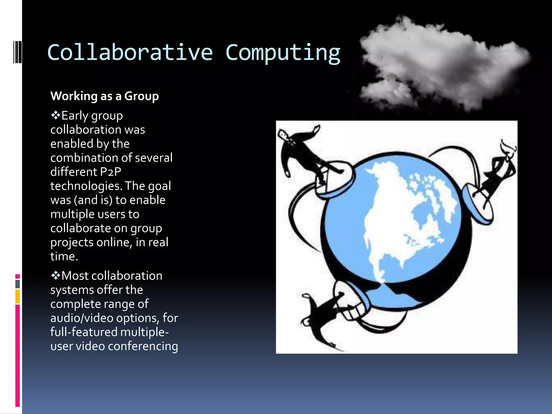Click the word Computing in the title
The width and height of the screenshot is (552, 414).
tap(283, 53)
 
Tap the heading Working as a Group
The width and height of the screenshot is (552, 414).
tap(105, 96)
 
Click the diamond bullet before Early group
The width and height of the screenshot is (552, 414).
tap(56, 115)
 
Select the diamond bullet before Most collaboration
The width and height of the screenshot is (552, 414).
tap(56, 275)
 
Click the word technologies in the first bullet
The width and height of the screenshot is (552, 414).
tap(85, 186)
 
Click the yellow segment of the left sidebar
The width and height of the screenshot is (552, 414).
tap(18, 296)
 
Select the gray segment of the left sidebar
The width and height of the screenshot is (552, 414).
tap(18, 284)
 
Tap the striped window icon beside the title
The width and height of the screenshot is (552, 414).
tap(17, 52)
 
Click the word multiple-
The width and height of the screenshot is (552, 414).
tap(144, 332)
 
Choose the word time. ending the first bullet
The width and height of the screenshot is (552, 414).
tap(64, 256)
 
